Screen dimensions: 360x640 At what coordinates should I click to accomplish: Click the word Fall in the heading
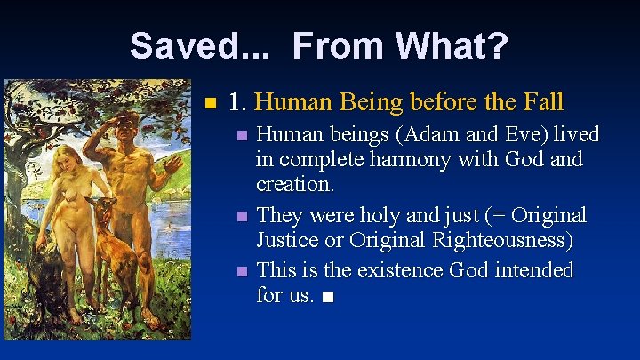(539, 102)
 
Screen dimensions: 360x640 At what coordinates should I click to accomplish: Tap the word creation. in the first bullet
(295, 185)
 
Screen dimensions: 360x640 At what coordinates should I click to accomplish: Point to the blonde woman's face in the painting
(68, 160)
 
